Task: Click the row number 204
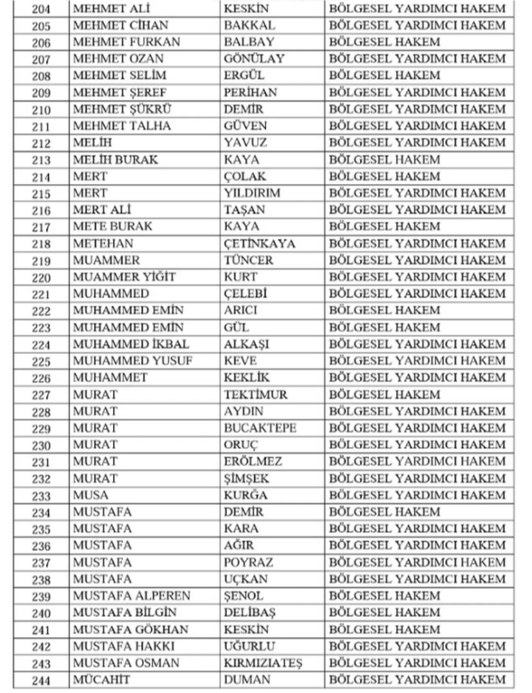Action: (40, 10)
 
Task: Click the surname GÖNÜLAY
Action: (255, 59)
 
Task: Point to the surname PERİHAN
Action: (255, 92)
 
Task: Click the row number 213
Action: (40, 159)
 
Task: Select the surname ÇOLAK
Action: (245, 175)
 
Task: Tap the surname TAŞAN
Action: (245, 208)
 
